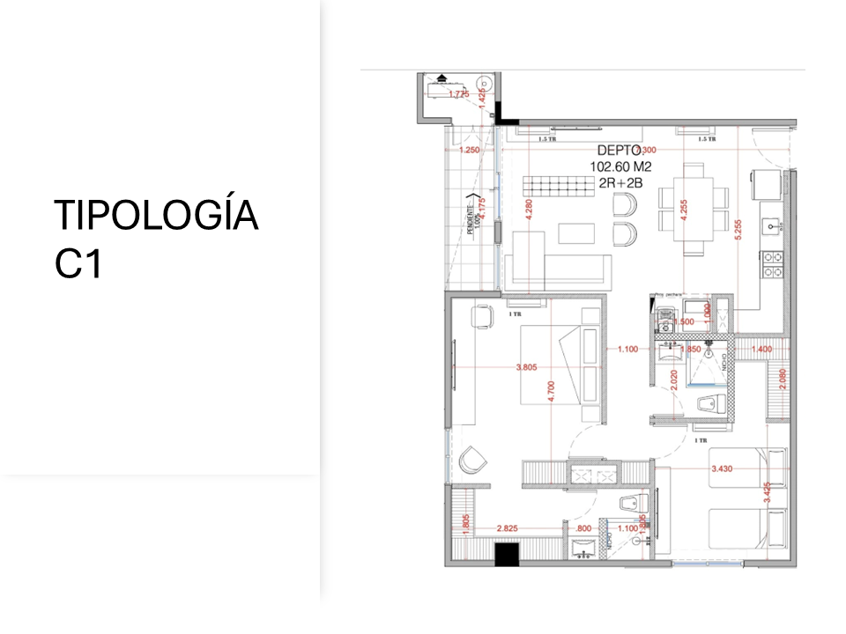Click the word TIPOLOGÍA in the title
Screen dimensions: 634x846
tap(156, 216)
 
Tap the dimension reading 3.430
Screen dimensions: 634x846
tap(726, 468)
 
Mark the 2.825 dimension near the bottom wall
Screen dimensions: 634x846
tap(508, 528)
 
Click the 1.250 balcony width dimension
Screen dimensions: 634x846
tap(471, 151)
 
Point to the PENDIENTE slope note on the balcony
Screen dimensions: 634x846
tap(469, 214)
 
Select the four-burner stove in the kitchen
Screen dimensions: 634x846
tap(773, 264)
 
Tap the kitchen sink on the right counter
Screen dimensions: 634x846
tap(773, 227)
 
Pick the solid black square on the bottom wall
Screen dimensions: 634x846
tap(506, 554)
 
